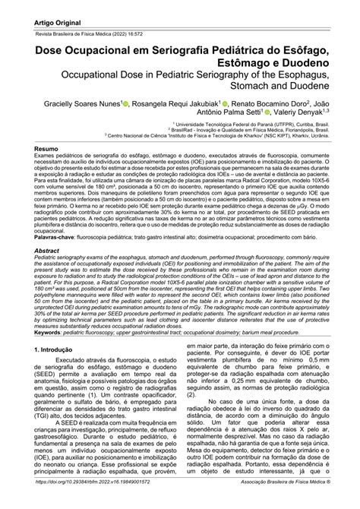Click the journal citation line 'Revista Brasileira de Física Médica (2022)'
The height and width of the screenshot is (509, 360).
92,27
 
